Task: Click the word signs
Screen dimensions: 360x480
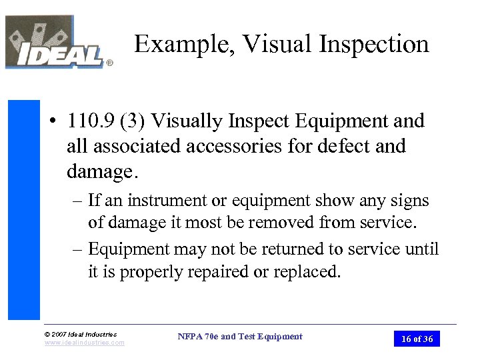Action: [x=409, y=201]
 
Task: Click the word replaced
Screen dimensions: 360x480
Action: [x=307, y=272]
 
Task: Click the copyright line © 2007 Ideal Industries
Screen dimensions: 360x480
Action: [x=81, y=334]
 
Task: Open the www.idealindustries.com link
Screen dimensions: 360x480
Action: [x=85, y=343]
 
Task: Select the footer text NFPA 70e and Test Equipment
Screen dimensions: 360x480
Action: [x=240, y=337]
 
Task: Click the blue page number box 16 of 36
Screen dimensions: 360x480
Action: [x=417, y=339]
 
